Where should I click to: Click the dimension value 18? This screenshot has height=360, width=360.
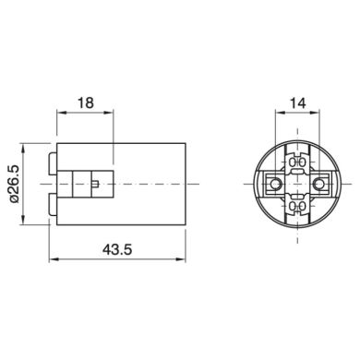click(86, 102)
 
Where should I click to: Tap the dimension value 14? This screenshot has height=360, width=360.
click(298, 102)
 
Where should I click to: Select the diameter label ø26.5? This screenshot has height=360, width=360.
click(15, 184)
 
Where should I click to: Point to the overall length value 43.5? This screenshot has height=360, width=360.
click(117, 249)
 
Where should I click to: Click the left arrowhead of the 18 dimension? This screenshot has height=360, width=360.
click(61, 113)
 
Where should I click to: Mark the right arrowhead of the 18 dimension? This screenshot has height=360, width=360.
click(109, 113)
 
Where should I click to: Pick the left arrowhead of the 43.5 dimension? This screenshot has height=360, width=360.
click(54, 260)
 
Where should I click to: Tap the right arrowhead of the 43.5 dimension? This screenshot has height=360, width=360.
click(182, 260)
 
